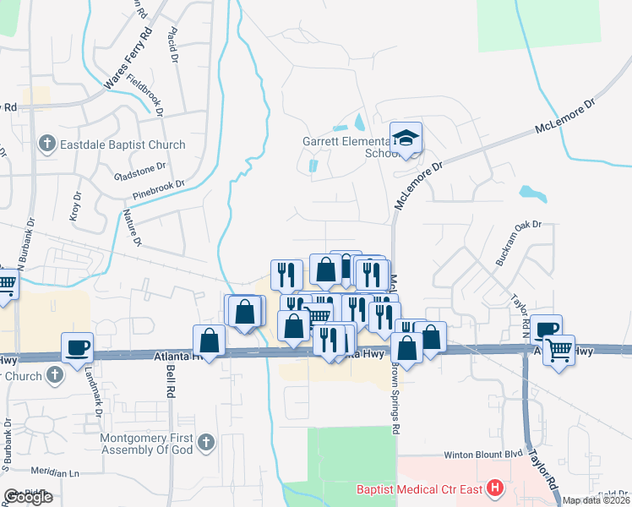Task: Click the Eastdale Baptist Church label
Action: click(123, 144)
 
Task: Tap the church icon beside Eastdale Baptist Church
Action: click(47, 144)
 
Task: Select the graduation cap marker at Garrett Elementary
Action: click(406, 138)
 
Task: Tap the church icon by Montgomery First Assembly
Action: click(205, 441)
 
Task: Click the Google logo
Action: click(28, 497)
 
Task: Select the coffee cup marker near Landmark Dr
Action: click(77, 346)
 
